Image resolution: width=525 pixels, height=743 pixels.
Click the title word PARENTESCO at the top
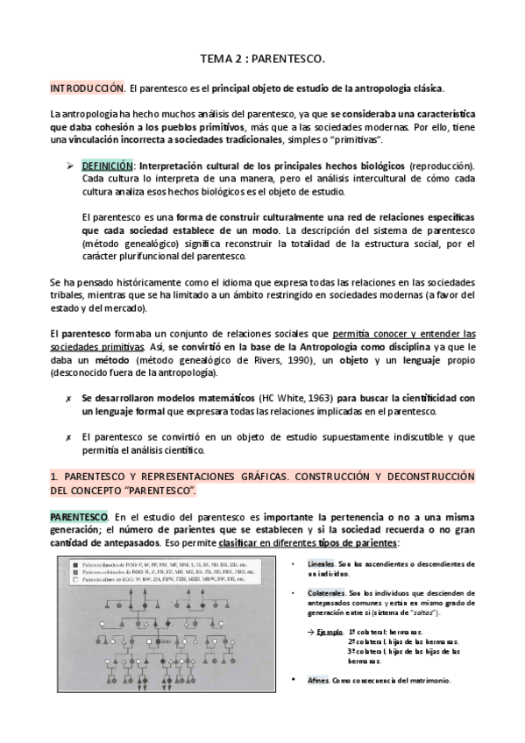tap(289, 59)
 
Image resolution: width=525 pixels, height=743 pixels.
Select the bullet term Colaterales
tap(330, 593)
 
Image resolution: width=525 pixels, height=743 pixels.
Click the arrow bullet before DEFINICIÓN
tap(72, 165)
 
